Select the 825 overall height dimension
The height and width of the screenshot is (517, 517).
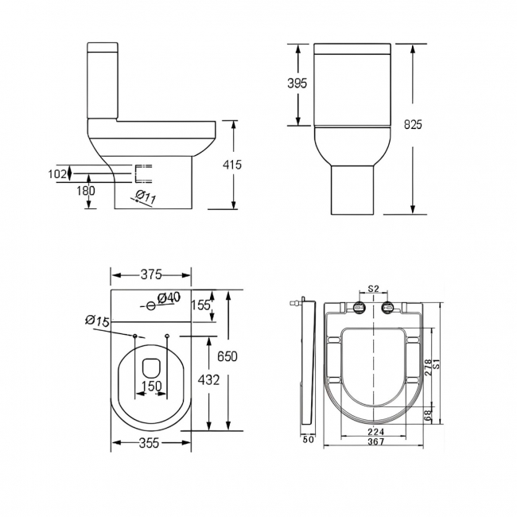point(412,125)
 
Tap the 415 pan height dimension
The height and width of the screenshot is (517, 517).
point(232,165)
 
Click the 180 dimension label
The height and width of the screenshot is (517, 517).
point(86,191)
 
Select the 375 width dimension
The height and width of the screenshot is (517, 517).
point(150,274)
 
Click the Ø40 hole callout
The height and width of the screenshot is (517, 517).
point(169,297)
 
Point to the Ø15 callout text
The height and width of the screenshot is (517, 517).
point(96,321)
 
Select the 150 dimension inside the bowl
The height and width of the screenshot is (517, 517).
point(151,387)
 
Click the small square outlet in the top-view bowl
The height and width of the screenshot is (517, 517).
point(151,367)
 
